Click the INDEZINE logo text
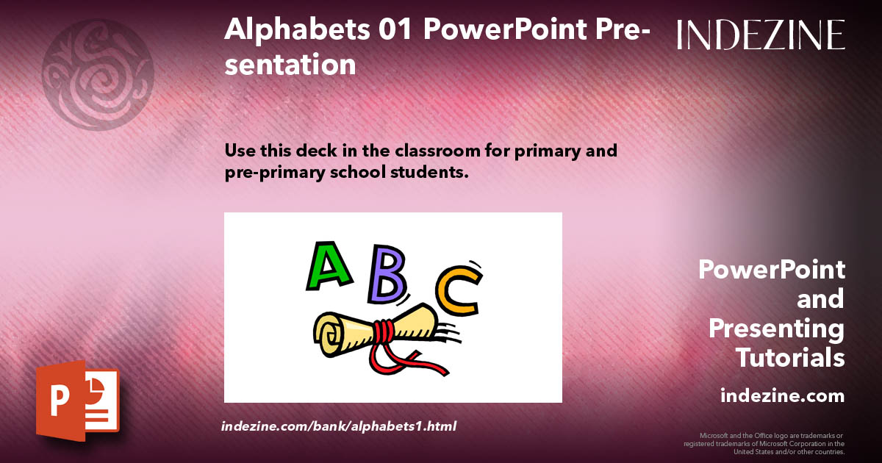761,35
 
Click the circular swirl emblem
98,73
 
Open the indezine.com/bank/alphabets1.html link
339,426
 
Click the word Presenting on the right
776,329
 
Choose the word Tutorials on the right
790,358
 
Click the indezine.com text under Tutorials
782,396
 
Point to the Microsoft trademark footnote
764,443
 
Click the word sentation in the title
290,65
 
